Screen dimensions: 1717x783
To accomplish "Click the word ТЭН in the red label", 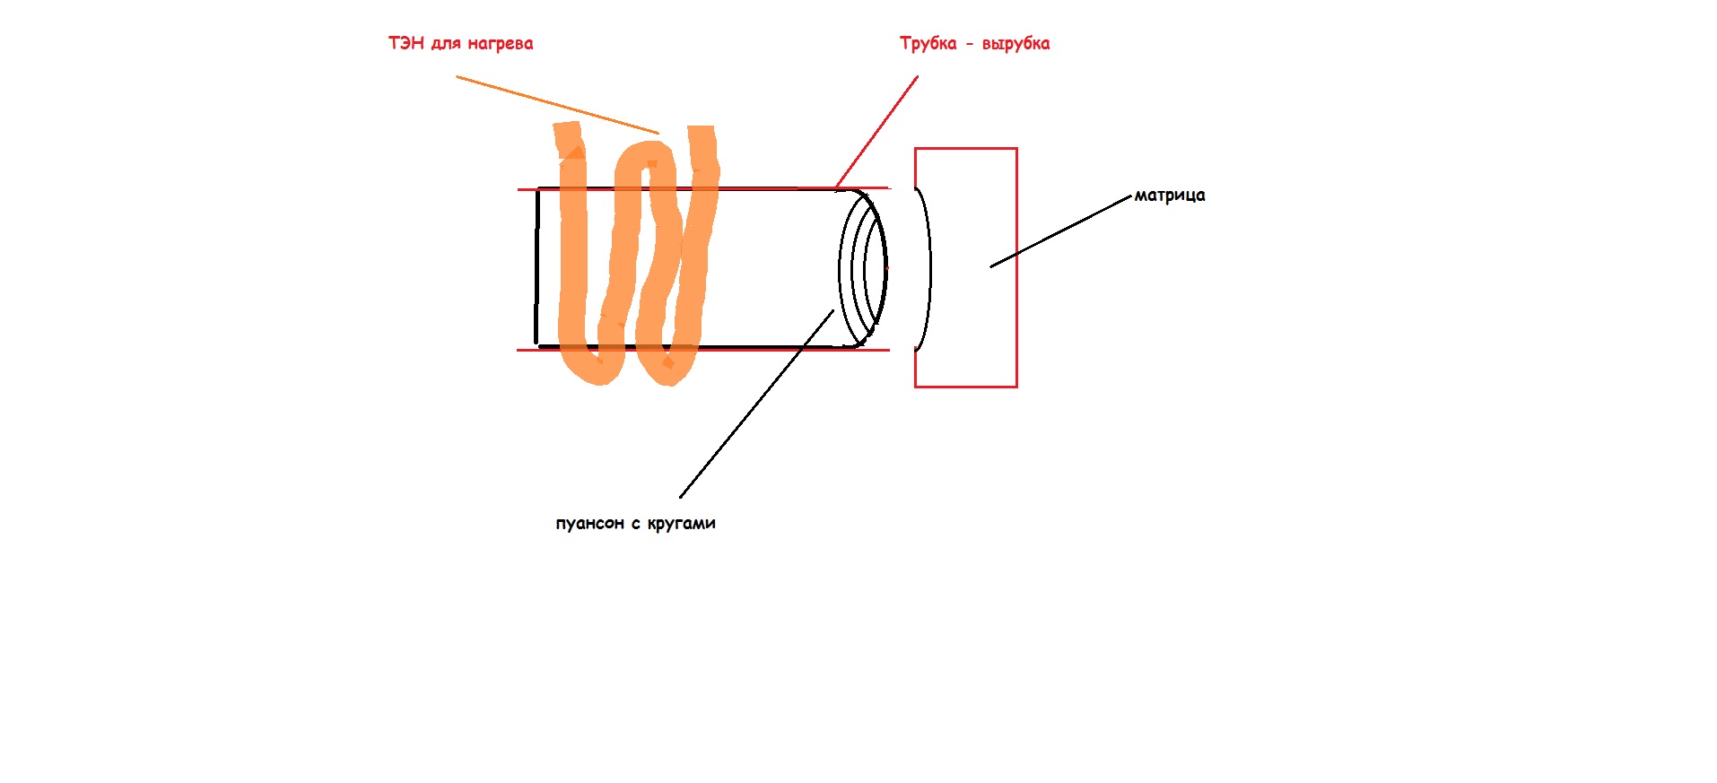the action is (405, 43).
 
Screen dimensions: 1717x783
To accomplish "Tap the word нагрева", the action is (501, 44).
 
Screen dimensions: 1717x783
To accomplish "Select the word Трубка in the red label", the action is (928, 44).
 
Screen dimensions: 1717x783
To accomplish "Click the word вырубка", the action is (1015, 44).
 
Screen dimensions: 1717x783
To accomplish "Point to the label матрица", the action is (1170, 196).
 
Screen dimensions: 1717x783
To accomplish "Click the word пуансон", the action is (589, 524).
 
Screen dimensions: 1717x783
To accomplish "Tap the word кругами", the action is (681, 524).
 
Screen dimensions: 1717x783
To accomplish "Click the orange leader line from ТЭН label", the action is (557, 105).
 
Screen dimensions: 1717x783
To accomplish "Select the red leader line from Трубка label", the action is (876, 133).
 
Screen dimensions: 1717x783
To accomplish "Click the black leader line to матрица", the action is (1061, 231).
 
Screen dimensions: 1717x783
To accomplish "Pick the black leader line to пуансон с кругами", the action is (757, 404).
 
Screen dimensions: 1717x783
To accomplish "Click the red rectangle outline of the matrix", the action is (966, 267).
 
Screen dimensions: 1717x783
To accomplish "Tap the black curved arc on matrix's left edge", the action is (924, 267).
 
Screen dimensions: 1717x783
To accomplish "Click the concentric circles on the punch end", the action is (863, 268).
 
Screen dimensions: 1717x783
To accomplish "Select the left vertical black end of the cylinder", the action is (536, 266).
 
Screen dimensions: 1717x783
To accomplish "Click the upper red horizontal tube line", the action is (703, 189).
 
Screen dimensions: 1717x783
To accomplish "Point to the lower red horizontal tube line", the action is (703, 350).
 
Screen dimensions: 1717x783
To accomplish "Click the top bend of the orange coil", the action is (646, 154).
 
